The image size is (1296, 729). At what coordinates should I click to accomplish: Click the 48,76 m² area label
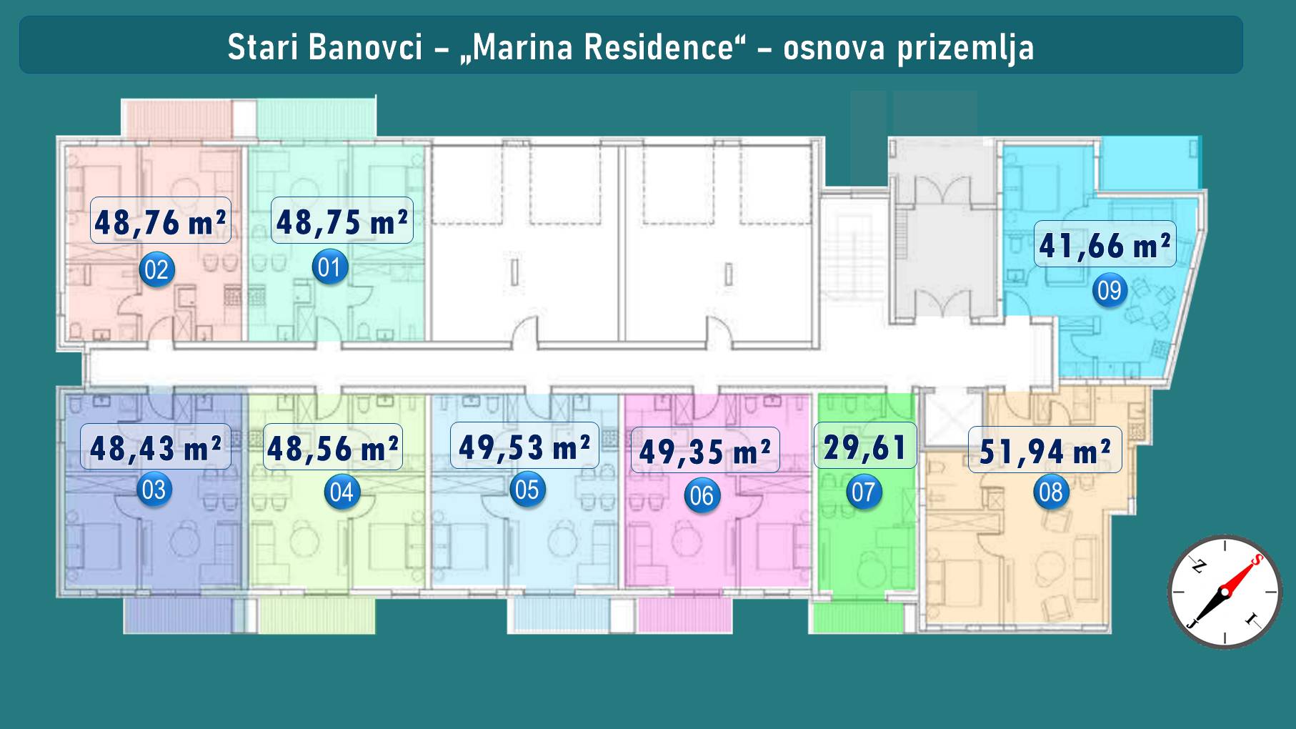coord(161,221)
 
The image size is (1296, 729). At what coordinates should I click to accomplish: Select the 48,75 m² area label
coord(342,221)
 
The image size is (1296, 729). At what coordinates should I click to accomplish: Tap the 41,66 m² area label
coord(1105,244)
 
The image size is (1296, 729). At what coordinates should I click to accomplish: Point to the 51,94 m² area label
coord(1045,450)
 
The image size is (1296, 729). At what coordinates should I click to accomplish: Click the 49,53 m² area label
coord(524,446)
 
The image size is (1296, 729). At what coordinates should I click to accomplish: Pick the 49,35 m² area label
coord(705,450)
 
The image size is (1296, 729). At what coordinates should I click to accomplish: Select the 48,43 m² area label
coord(156,447)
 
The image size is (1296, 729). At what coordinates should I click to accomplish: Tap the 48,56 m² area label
coord(333,447)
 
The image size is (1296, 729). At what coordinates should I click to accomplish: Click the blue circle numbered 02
coord(156,270)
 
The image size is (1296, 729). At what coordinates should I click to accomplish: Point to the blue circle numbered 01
coord(329,267)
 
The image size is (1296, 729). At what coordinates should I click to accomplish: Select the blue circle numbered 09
coord(1110,290)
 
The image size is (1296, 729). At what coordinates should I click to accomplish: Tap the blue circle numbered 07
coord(864,492)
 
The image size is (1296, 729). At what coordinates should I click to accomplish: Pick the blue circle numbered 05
coord(527,490)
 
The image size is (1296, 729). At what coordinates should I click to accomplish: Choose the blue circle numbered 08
coord(1051,492)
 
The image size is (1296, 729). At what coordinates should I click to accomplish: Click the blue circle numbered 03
coord(154,490)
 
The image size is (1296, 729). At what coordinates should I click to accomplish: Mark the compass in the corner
coord(1225,592)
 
